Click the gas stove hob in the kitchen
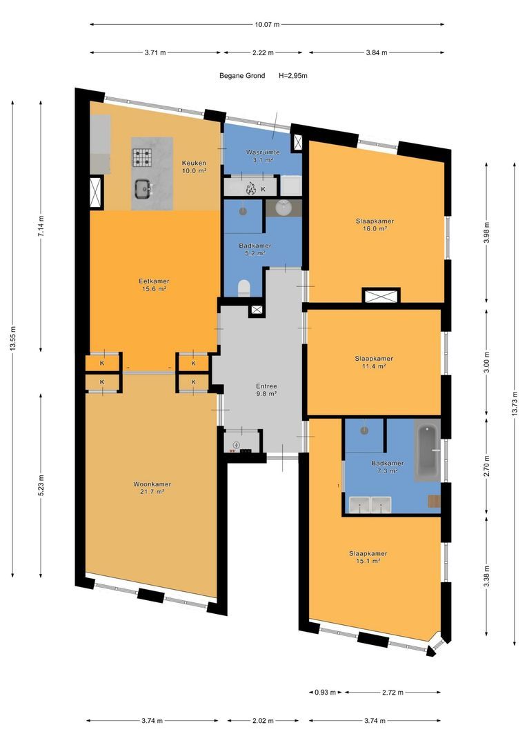(141, 158)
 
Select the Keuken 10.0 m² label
(194, 167)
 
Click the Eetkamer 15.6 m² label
(154, 285)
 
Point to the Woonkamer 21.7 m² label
(152, 488)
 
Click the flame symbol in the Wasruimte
(250, 188)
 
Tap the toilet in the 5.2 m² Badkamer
(243, 288)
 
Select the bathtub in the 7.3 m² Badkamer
(428, 451)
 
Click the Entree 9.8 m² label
(266, 390)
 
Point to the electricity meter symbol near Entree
(236, 445)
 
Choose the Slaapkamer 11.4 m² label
(374, 363)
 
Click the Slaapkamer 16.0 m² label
(375, 225)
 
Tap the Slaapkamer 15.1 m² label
(368, 557)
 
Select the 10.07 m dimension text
(267, 24)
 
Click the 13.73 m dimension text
(515, 404)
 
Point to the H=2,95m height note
(292, 76)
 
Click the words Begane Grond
(242, 76)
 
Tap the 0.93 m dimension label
(326, 693)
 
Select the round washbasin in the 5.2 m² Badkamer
(284, 208)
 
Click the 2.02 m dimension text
(263, 721)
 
